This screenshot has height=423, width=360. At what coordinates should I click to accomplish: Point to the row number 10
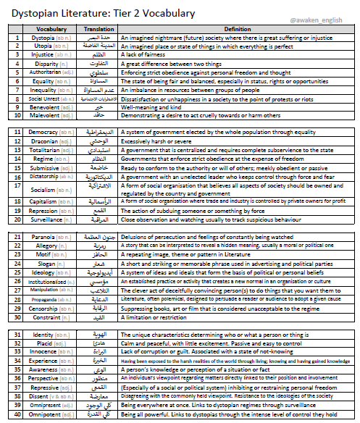click(17, 115)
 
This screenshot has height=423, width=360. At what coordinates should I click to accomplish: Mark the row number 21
click(17, 236)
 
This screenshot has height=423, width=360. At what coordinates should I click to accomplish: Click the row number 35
click(17, 369)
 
